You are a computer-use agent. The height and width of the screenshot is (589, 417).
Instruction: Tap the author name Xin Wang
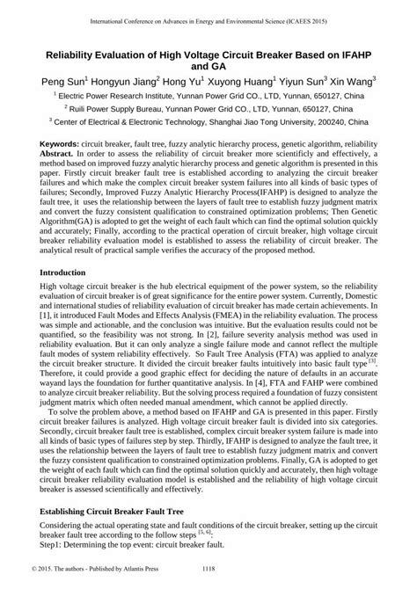[x=351, y=79]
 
